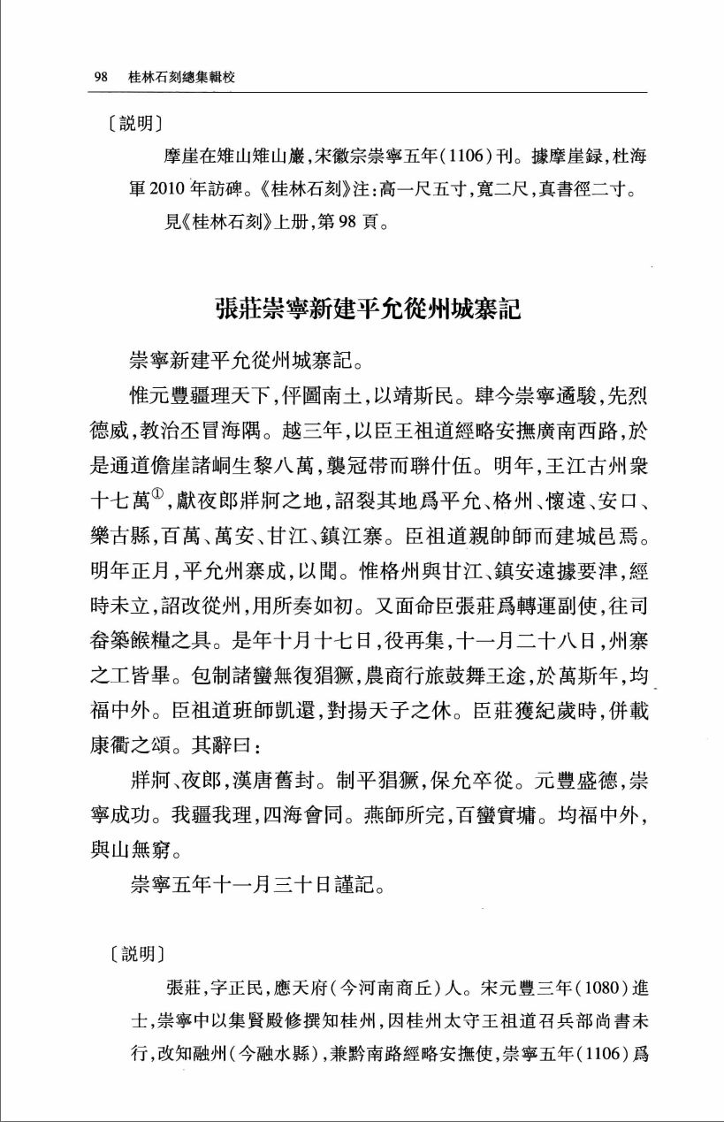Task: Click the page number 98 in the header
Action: [100, 78]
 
